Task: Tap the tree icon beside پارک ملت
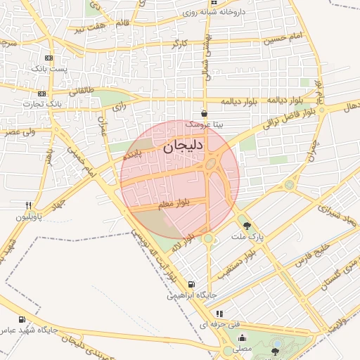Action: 247,226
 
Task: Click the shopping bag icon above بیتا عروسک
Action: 204,112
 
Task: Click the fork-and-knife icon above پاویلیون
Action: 29,205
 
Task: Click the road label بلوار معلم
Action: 174,204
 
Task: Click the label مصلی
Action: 242,348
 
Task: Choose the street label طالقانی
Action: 81,91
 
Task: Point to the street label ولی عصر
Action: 19,131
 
